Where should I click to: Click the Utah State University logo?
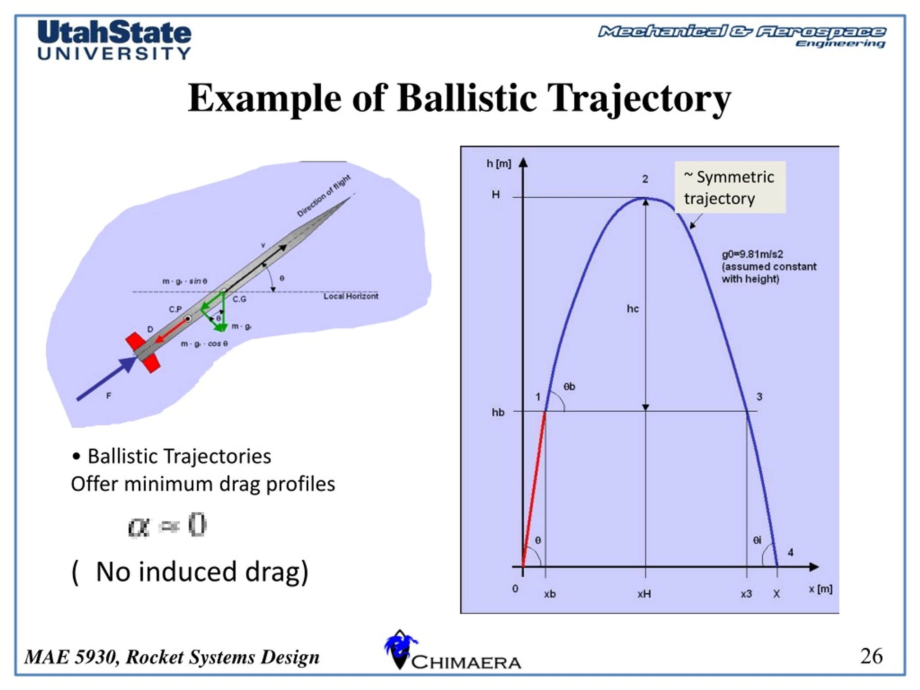point(114,40)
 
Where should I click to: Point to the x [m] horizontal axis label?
point(820,589)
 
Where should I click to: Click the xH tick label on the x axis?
point(644,594)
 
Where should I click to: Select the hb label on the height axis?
point(498,412)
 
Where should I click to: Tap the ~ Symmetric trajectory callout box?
point(730,187)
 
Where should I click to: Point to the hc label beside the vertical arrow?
point(632,309)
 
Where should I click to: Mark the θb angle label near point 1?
point(569,386)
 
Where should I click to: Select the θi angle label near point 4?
point(757,540)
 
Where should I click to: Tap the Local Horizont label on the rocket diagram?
point(351,296)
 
